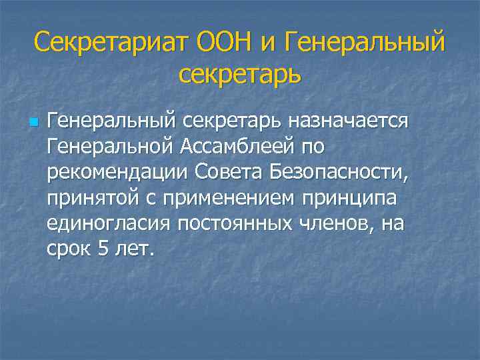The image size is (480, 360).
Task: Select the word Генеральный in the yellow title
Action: point(364,43)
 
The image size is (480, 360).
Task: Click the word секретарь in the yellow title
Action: point(240,73)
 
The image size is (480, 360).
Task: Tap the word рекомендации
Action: point(118,172)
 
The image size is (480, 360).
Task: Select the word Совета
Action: point(230,171)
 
